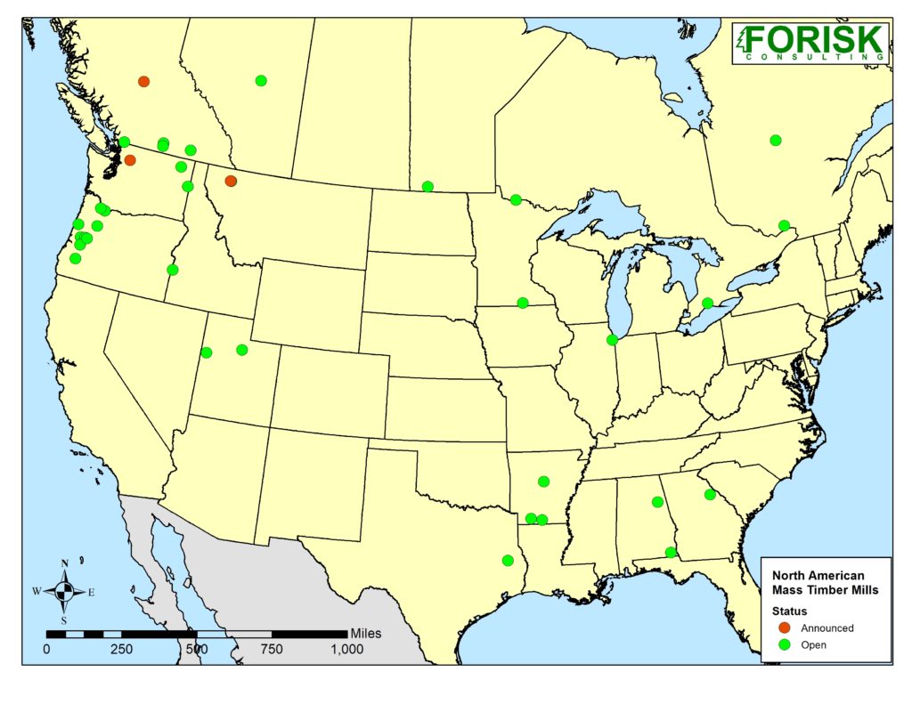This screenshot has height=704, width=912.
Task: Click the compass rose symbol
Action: pyautogui.click(x=64, y=590)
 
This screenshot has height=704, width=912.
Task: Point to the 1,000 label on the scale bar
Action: pyautogui.click(x=346, y=649)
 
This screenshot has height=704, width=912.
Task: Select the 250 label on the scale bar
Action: pyautogui.click(x=121, y=649)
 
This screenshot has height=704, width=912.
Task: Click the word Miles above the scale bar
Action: pyautogui.click(x=366, y=633)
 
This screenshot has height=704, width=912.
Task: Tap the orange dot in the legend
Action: pyautogui.click(x=784, y=627)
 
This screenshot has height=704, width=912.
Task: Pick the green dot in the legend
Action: pyautogui.click(x=784, y=644)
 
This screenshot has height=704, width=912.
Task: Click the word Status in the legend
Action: pyautogui.click(x=789, y=611)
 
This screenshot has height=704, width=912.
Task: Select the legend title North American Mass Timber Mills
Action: pyautogui.click(x=825, y=583)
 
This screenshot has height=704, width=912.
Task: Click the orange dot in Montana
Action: pyautogui.click(x=231, y=181)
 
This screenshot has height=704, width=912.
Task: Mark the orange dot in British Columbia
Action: pyautogui.click(x=143, y=81)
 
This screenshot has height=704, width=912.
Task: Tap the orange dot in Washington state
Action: pyautogui.click(x=130, y=160)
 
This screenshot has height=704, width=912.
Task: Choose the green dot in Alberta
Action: pyautogui.click(x=261, y=80)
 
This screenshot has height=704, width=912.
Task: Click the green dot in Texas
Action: pyautogui.click(x=508, y=561)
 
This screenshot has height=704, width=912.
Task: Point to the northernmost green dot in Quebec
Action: pyautogui.click(x=776, y=140)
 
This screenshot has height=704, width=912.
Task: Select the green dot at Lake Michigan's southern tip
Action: pyautogui.click(x=612, y=339)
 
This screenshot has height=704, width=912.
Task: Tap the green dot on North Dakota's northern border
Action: pyautogui.click(x=427, y=186)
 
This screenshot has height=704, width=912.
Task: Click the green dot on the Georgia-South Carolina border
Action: pyautogui.click(x=710, y=494)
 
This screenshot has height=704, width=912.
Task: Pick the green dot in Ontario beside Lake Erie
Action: pyautogui.click(x=707, y=303)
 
